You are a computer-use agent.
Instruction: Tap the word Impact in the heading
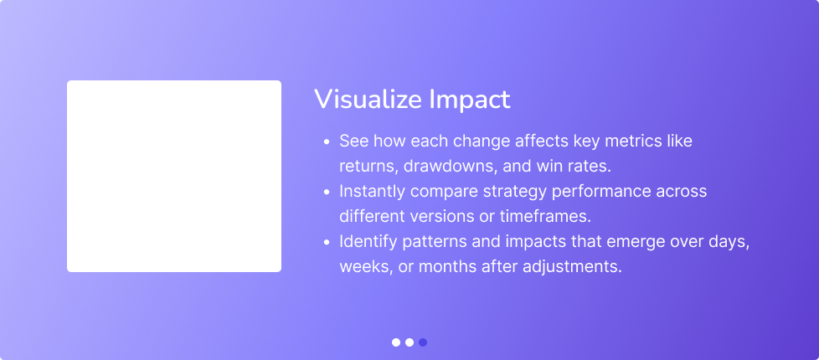(x=470, y=100)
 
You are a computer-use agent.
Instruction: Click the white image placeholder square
(x=174, y=176)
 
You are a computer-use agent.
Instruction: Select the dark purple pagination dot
(x=423, y=342)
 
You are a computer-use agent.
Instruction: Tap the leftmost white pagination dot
(x=396, y=342)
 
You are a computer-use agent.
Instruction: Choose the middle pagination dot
(x=409, y=342)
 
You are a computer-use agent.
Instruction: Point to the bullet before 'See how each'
(x=326, y=142)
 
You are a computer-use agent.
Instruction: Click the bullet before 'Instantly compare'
(x=326, y=193)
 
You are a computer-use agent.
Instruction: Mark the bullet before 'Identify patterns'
(x=326, y=243)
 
